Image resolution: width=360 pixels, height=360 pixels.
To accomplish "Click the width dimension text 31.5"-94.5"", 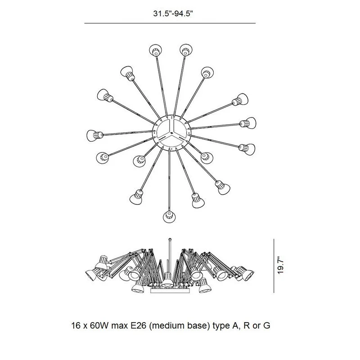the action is tap(172, 13).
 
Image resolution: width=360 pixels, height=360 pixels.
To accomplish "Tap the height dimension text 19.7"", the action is tap(280, 265).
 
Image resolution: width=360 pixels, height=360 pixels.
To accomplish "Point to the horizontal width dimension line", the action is tap(170, 23).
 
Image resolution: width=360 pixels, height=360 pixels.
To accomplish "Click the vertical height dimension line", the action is tap(274, 266).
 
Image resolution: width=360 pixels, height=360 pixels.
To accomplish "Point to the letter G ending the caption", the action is tap(266, 325).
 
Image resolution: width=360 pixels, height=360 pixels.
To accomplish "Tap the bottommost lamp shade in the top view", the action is tap(169, 216).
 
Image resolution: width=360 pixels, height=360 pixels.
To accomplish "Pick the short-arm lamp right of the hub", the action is tap(207, 158).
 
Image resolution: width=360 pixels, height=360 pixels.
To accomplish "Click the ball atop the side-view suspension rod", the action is tap(170, 240).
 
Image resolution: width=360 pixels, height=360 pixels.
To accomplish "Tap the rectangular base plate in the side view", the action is tap(171, 291).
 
